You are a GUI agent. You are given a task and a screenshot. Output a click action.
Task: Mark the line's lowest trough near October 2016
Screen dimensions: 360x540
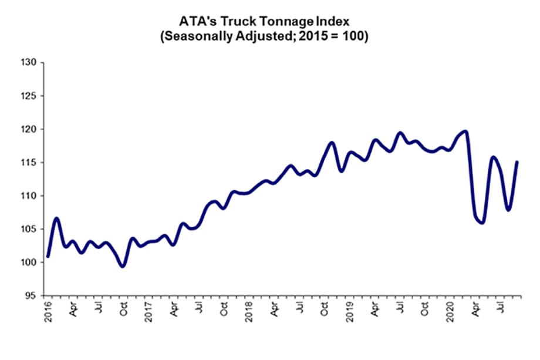pos(122,266)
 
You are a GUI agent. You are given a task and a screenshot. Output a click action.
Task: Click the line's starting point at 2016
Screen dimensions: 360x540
pos(48,256)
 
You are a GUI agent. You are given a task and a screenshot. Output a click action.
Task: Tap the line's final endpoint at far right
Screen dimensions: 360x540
pos(517,162)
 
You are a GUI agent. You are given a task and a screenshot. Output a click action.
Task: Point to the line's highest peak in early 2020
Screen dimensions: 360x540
pos(465,131)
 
